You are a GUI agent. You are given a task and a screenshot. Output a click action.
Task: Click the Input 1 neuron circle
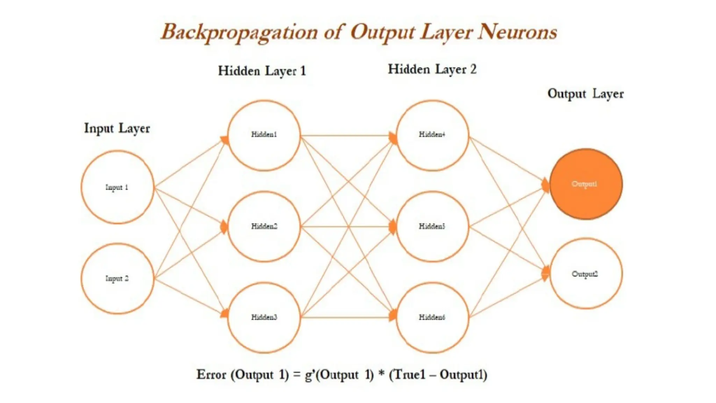[x=117, y=187]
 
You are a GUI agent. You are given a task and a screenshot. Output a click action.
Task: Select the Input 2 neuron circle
[x=117, y=278]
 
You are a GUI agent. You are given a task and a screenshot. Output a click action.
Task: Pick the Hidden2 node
[x=264, y=226]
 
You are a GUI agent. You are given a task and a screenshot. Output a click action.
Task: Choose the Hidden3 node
[x=264, y=317]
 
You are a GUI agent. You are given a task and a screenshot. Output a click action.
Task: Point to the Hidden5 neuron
[x=432, y=226]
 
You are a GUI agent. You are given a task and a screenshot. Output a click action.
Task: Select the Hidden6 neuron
[x=432, y=317]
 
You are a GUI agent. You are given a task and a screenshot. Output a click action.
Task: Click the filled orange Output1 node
[x=586, y=184]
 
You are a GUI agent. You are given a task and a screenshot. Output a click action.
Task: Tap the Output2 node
[x=586, y=274]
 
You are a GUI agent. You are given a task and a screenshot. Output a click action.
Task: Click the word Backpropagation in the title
[x=239, y=33]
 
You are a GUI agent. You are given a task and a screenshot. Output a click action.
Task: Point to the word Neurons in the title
[x=518, y=33]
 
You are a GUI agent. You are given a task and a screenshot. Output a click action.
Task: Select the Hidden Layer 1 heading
[x=262, y=71]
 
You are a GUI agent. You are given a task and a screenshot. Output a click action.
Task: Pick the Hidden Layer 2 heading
[x=432, y=69]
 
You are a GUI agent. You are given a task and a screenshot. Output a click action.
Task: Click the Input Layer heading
[x=117, y=128]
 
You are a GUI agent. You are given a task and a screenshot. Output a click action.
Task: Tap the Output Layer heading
[x=586, y=94]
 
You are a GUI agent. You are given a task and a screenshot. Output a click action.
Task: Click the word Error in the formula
[x=211, y=375]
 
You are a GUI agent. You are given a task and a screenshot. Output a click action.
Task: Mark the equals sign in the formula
[x=297, y=375]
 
